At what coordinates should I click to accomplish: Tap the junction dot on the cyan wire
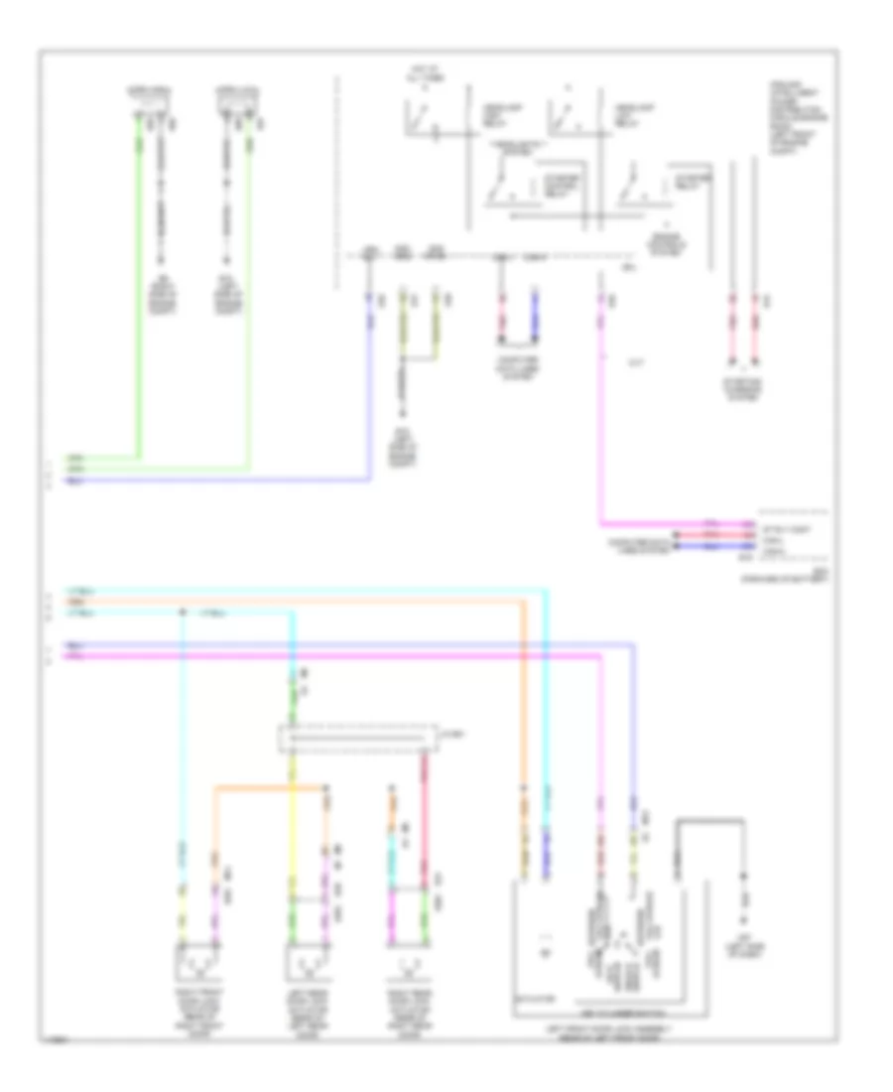coord(182,613)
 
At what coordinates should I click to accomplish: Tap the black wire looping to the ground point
coord(709,822)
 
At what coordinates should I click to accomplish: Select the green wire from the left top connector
coord(139,298)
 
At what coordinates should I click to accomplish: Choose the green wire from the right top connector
coord(249,298)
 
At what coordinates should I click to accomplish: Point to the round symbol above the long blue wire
coord(370,257)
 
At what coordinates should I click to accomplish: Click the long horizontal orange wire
coord(298,602)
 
